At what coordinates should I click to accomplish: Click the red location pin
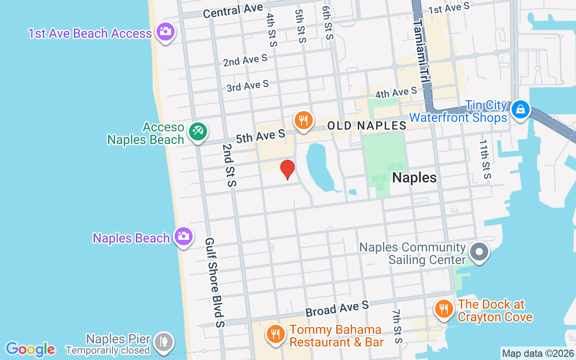[288, 169]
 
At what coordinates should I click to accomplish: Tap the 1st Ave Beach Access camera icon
[166, 31]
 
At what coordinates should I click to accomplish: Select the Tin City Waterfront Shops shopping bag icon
[521, 109]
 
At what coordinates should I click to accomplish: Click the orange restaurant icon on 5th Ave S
[304, 120]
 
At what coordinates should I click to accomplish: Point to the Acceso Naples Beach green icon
[198, 131]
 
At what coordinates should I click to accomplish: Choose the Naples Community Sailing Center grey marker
[479, 252]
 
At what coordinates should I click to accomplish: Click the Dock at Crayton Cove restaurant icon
[444, 309]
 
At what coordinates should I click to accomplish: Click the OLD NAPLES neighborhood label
[367, 126]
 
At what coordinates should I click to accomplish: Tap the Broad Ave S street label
[337, 309]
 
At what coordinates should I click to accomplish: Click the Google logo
[30, 349]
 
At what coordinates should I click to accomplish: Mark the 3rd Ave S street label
[247, 85]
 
